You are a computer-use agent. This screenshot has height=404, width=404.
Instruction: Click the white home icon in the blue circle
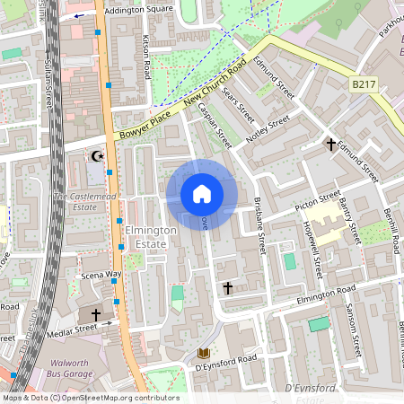click(202, 194)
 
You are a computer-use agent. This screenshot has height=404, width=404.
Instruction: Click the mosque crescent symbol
click(97, 156)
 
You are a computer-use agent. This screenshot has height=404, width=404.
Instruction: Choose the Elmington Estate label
click(152, 237)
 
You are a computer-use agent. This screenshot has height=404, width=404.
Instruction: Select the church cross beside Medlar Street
click(97, 316)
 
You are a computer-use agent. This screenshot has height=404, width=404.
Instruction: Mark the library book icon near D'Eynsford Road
click(203, 352)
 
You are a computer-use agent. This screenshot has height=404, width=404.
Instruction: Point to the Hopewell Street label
click(316, 254)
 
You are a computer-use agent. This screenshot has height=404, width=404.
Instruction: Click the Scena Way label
click(101, 274)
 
